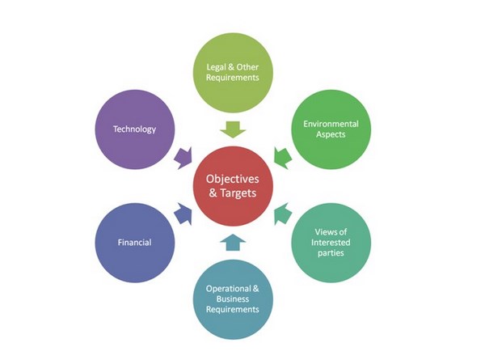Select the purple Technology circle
point(134,129)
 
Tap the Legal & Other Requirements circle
point(233,72)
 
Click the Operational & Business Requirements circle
point(233,299)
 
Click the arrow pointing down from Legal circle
point(233,128)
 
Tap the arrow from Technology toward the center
point(183,155)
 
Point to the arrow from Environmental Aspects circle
point(282,155)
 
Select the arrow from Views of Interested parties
point(282,215)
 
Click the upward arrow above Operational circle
point(233,242)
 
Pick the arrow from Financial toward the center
point(183,215)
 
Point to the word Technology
point(134,129)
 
